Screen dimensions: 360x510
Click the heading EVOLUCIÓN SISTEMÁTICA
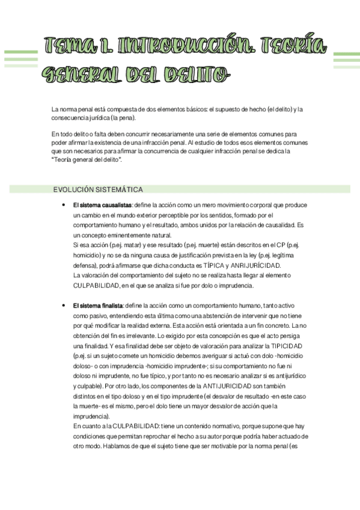[x=98, y=189]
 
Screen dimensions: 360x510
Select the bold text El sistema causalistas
[x=103, y=206]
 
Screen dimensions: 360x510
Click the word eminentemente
[x=120, y=235]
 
